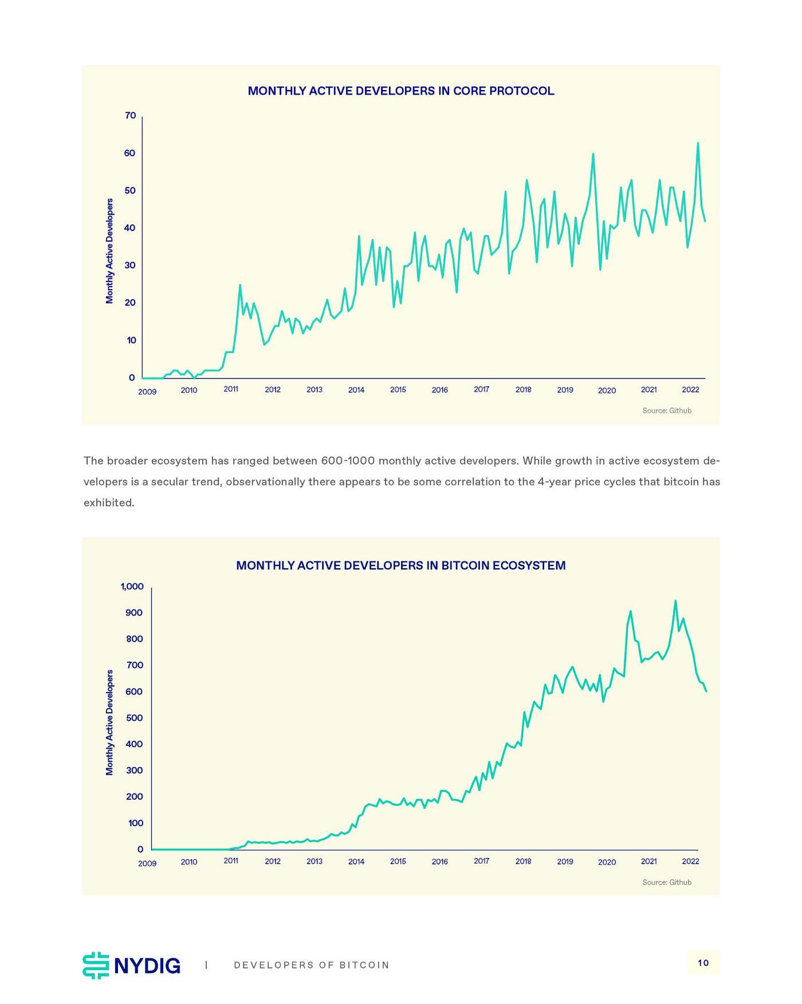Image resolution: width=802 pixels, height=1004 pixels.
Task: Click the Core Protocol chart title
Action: [400, 91]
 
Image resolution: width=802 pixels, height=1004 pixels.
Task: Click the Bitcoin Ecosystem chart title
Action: [400, 565]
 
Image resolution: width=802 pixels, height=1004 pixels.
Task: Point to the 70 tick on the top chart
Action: [130, 116]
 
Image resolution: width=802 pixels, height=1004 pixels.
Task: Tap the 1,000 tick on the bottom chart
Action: [132, 587]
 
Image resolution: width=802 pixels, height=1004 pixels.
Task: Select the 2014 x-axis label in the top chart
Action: [356, 390]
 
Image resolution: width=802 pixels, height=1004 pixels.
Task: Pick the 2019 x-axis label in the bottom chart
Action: [565, 861]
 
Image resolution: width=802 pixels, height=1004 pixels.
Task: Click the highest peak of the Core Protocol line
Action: [698, 143]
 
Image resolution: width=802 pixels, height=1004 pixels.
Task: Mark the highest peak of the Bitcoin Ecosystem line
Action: [675, 601]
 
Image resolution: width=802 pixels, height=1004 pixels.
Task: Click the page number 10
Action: [703, 963]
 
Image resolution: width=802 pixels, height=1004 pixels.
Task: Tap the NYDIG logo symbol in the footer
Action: [96, 965]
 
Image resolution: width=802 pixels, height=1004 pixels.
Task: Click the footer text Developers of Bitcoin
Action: [312, 965]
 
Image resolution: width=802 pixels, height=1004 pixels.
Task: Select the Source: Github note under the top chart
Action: [667, 411]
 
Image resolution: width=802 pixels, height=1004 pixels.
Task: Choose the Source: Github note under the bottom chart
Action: [667, 882]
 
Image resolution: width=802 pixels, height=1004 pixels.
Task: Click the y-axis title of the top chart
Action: [109, 251]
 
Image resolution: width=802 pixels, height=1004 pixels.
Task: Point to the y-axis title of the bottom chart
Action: [109, 722]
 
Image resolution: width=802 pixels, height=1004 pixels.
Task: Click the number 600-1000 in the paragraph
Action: [348, 461]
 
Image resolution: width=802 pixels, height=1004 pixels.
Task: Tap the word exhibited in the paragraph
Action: [109, 503]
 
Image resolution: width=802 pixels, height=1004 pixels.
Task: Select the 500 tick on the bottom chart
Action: [135, 718]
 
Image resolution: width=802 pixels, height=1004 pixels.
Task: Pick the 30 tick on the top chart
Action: [130, 265]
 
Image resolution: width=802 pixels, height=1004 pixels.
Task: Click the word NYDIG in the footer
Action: [147, 966]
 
